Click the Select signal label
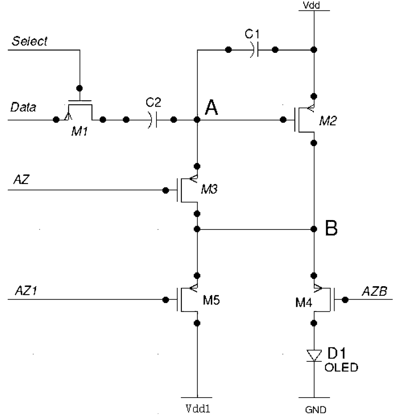tap(30, 41)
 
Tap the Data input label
tap(23, 107)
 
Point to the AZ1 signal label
tap(26, 290)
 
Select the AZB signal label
tap(374, 291)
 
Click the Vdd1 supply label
tap(198, 409)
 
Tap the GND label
tap(316, 410)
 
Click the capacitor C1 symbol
tap(254, 50)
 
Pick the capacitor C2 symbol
tap(153, 120)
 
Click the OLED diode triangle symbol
tap(314, 356)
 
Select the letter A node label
tap(211, 108)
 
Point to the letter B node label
tap(331, 228)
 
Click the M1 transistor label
tap(79, 131)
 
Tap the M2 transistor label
tap(328, 121)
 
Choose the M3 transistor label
tap(209, 189)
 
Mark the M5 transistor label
tap(211, 300)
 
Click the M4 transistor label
tap(304, 303)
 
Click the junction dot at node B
tap(314, 229)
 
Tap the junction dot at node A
tap(197, 120)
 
